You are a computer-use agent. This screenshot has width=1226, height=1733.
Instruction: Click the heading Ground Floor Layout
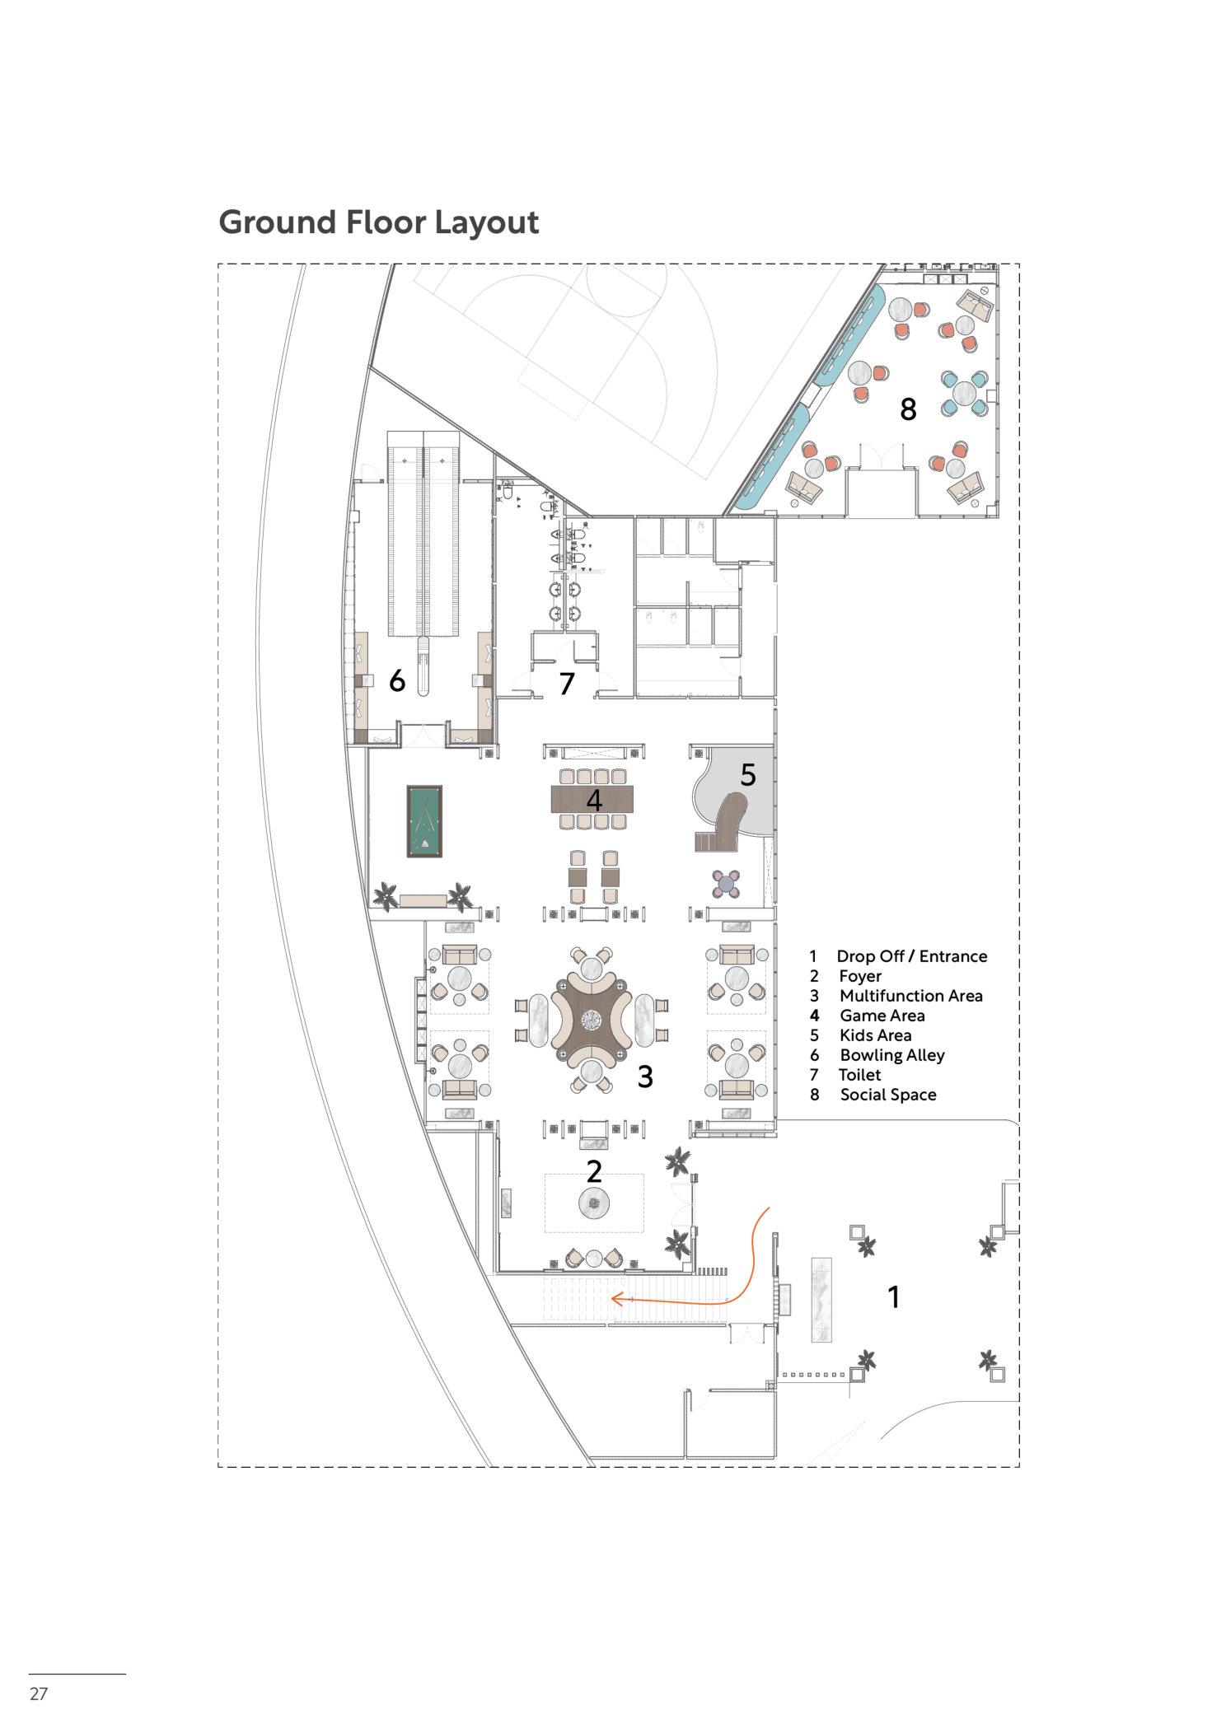(378, 222)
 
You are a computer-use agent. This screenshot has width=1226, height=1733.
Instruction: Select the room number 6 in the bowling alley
(397, 681)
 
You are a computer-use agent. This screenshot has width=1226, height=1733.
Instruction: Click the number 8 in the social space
(907, 409)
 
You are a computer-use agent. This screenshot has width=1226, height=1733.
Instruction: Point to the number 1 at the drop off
(893, 1297)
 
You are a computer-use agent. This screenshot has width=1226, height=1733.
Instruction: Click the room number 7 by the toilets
(566, 684)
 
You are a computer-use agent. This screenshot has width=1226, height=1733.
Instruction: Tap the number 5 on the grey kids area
(747, 774)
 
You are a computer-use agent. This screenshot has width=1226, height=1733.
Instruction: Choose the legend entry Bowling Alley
(891, 1055)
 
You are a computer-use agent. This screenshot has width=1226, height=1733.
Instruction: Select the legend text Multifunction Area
(910, 996)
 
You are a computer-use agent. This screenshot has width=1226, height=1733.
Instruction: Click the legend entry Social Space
(887, 1095)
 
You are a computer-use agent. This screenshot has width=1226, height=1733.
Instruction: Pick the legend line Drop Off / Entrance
(911, 956)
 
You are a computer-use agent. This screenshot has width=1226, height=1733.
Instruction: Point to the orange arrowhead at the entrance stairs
(614, 1299)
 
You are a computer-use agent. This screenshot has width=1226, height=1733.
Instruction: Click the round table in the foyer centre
(593, 1204)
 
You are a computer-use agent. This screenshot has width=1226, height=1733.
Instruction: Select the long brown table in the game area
(593, 798)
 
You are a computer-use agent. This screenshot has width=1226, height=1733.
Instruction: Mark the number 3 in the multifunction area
(645, 1076)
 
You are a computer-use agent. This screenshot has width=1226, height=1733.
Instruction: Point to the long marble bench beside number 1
(822, 1301)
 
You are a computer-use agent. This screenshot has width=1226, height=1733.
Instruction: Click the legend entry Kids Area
(875, 1035)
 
